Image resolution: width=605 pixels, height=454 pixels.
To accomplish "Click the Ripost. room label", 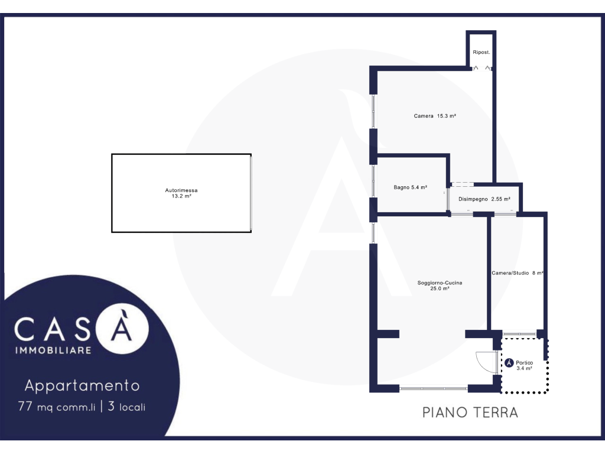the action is point(481,52).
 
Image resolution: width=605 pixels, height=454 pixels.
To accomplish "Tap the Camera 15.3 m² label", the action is point(435,116).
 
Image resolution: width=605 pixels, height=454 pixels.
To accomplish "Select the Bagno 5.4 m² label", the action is point(410,187).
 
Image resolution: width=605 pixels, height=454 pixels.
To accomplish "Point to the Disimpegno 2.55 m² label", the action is point(484,199).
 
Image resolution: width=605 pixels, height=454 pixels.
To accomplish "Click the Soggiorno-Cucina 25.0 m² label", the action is point(440,286).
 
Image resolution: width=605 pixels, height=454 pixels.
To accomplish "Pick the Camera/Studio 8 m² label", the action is point(518,273).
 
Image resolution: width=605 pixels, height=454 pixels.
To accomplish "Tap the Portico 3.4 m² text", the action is point(525,365).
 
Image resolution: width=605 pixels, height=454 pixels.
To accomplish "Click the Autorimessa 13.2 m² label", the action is point(181,193).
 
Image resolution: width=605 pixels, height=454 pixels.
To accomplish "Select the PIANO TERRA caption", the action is point(470,412).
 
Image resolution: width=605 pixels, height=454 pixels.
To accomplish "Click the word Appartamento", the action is point(82,385).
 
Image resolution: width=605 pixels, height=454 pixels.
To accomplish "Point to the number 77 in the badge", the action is point(25,406).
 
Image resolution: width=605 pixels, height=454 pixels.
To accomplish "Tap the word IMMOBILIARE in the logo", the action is point(53,350).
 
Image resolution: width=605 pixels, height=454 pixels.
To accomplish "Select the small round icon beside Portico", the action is point(509,363).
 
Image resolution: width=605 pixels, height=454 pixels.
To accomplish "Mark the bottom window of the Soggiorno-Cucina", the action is point(434,388).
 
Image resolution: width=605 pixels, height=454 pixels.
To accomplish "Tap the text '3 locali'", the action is point(126,407).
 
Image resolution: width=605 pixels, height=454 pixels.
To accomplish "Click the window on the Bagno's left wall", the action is point(373,181).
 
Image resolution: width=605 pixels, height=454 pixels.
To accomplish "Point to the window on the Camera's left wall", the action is point(373,112).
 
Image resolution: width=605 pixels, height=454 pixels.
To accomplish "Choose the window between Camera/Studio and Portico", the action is point(519,334).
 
